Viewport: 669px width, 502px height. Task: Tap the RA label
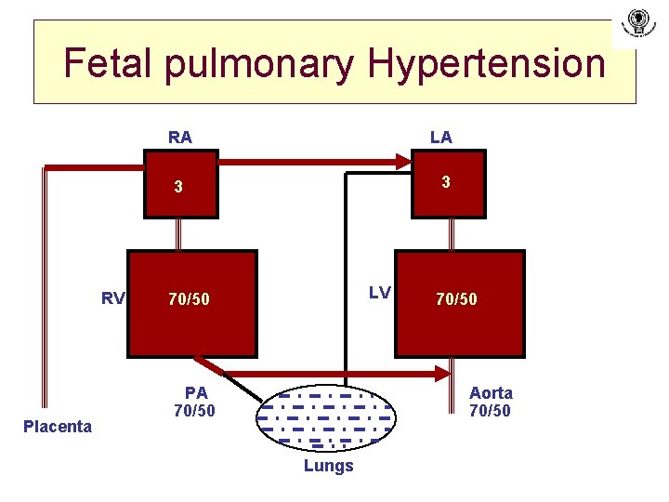click(x=180, y=138)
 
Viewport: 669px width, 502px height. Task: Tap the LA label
click(x=440, y=138)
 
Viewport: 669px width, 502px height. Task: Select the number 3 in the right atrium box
click(x=179, y=187)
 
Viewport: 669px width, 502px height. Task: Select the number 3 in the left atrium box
click(x=446, y=183)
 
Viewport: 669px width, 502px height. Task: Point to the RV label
click(x=112, y=298)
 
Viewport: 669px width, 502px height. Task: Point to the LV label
click(x=379, y=293)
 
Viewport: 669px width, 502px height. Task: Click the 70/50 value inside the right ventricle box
click(x=189, y=299)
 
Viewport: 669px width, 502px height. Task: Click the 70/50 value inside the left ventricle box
click(x=456, y=299)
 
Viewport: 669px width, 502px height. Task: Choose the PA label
click(x=196, y=393)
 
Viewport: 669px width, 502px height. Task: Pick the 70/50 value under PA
click(x=194, y=410)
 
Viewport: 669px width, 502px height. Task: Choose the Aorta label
click(x=491, y=393)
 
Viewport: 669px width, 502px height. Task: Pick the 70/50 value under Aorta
click(x=490, y=410)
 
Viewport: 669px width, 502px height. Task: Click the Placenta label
click(x=58, y=427)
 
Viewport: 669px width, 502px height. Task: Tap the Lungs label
click(x=328, y=466)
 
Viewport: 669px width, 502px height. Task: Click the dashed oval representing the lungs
click(x=325, y=416)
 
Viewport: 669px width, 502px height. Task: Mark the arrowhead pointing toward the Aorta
click(x=442, y=374)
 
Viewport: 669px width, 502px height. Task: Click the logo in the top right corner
click(x=637, y=22)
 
